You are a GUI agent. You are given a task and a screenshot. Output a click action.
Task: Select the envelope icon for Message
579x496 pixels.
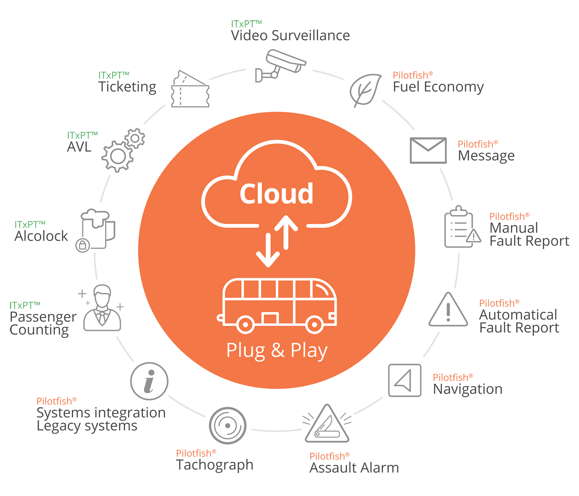(428, 150)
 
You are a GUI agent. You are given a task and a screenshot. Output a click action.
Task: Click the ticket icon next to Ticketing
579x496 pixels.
(190, 90)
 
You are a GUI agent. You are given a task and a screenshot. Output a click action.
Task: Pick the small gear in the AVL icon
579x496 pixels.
(135, 138)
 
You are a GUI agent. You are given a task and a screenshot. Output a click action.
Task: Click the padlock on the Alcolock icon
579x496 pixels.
(83, 245)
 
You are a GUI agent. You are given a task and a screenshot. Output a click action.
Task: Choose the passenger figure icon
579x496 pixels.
(102, 309)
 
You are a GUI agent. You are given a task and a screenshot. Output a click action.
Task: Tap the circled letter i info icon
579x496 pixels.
(149, 381)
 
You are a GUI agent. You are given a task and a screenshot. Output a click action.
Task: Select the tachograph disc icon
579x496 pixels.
(228, 425)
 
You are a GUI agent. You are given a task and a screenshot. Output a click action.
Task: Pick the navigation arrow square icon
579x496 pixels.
(405, 380)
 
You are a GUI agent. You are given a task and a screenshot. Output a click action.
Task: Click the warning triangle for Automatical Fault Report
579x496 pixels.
(448, 311)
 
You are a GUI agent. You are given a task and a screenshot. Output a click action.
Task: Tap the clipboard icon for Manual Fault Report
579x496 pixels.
(459, 229)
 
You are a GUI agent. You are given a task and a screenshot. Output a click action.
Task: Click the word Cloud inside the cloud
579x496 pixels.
(277, 194)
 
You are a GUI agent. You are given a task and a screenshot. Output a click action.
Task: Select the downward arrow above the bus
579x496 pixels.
(268, 251)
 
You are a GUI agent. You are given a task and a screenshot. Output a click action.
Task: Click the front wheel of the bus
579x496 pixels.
(314, 324)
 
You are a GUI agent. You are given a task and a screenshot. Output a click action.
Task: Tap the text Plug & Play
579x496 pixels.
(277, 350)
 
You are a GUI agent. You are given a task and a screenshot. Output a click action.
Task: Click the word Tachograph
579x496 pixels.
(215, 465)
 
